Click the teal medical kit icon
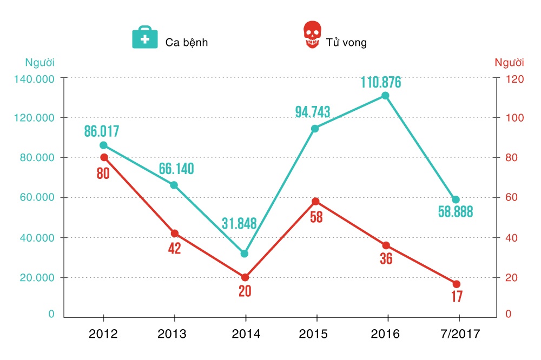click(x=145, y=37)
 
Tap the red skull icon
click(x=311, y=36)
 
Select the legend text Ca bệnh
click(x=187, y=42)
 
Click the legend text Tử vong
click(x=346, y=42)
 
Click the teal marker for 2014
click(x=245, y=254)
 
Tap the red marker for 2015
click(x=315, y=202)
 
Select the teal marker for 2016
click(x=385, y=96)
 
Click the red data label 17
click(x=458, y=297)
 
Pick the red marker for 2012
click(x=104, y=157)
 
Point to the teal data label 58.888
click(x=456, y=212)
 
